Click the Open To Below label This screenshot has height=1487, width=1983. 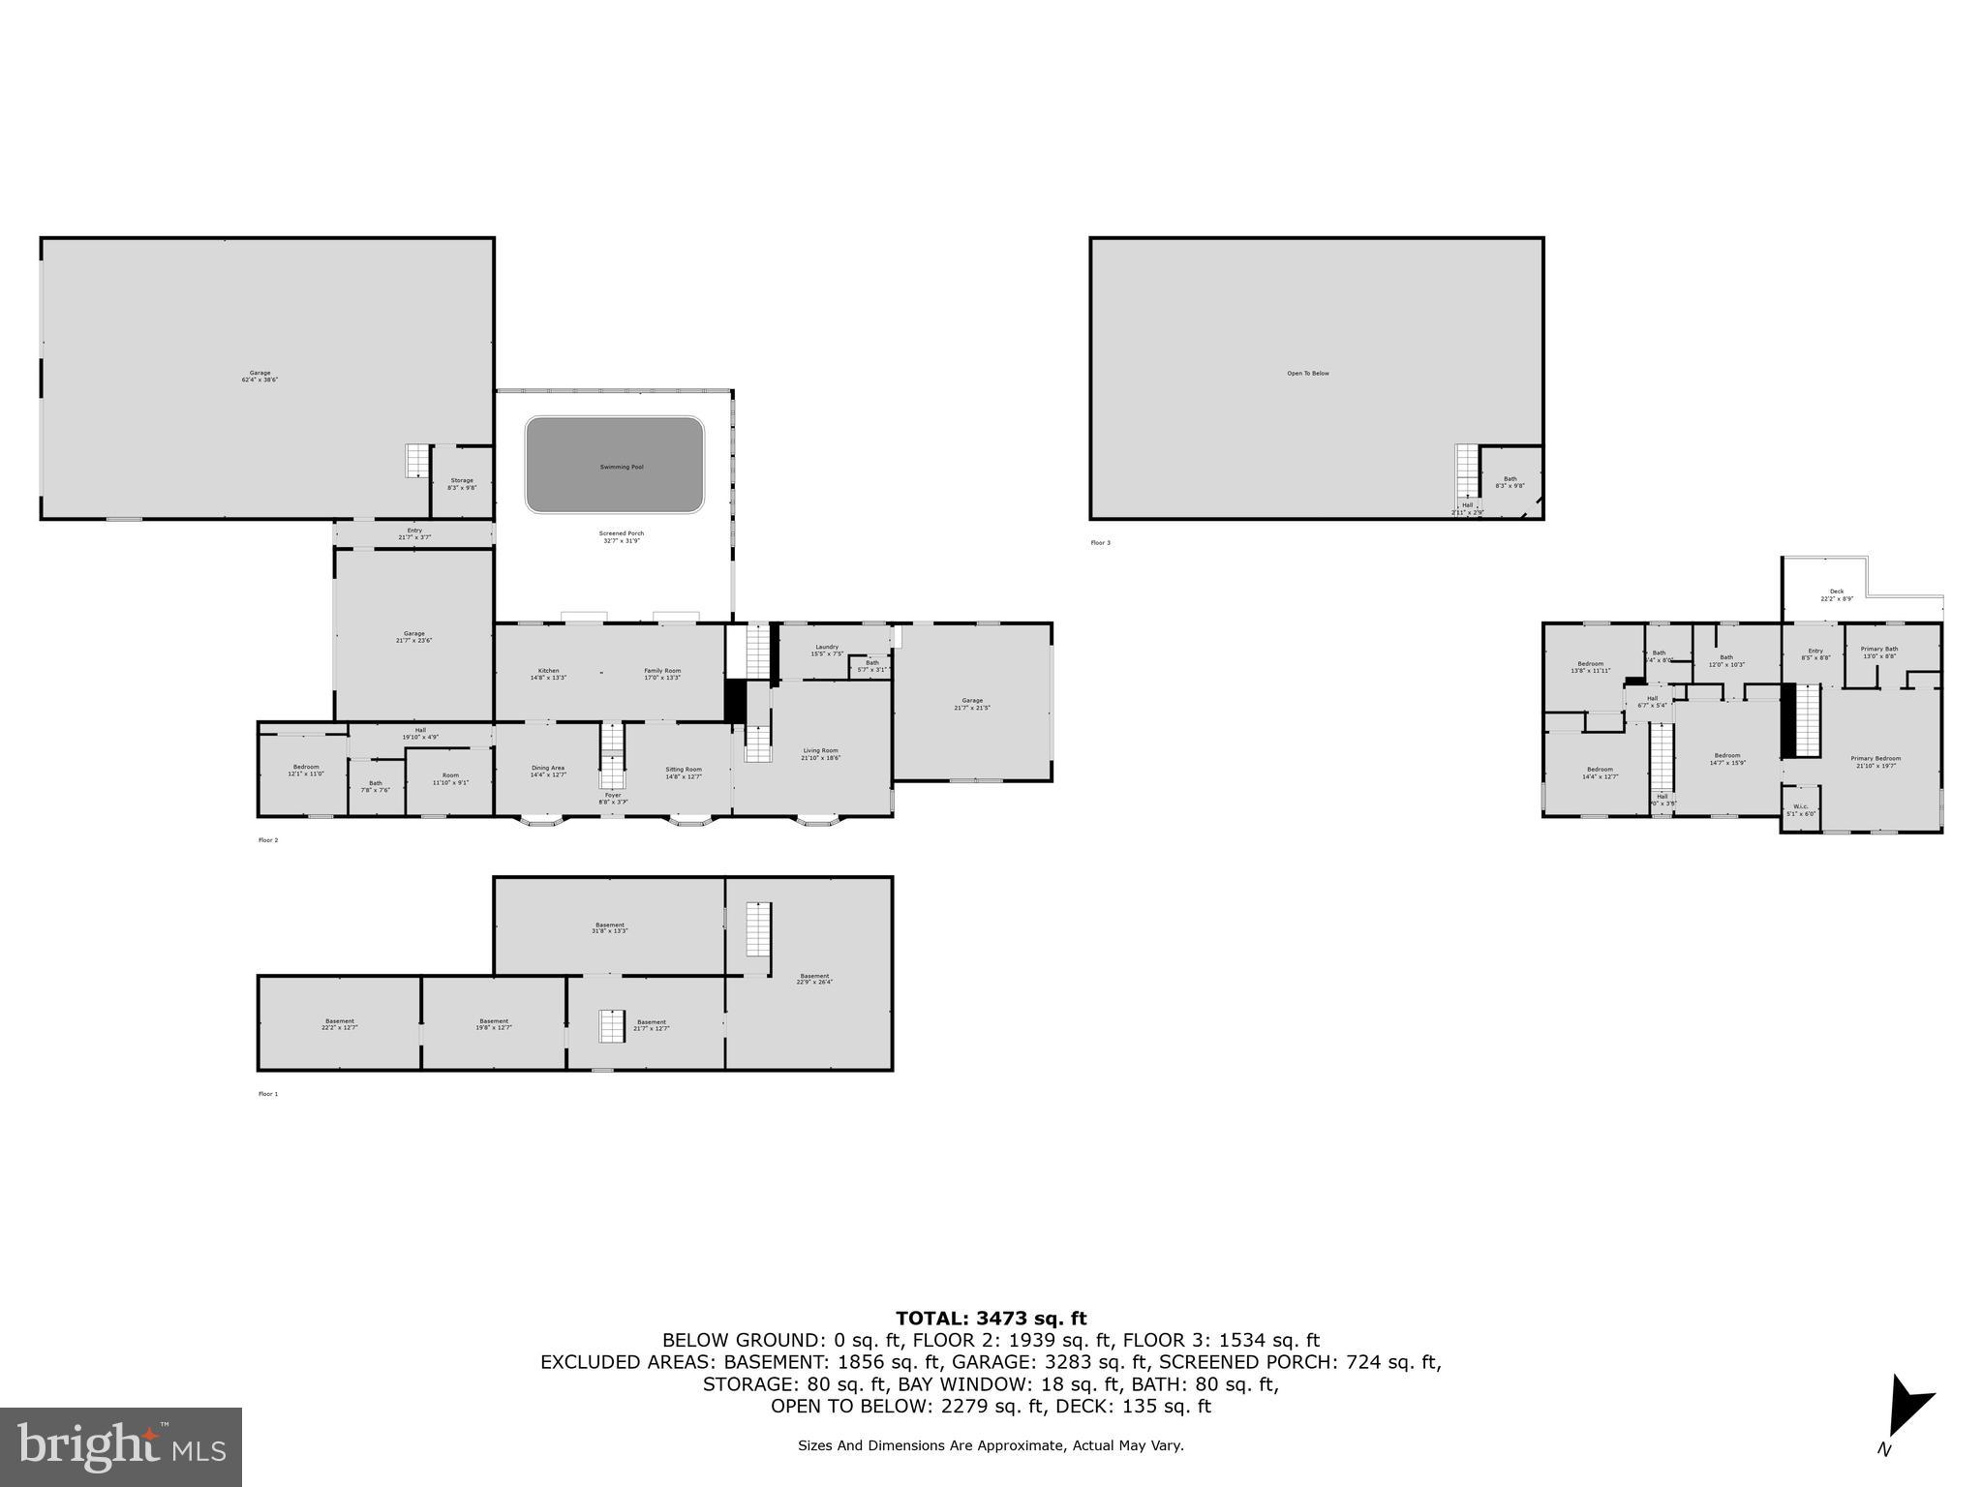tap(1307, 373)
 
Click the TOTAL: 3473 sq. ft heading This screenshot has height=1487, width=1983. tap(991, 1318)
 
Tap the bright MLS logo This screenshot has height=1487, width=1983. tap(121, 1446)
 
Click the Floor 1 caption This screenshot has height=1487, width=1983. tap(267, 1094)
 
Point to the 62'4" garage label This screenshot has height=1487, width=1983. tap(259, 376)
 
